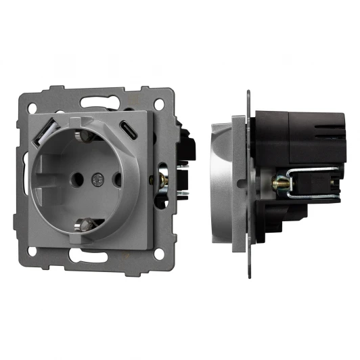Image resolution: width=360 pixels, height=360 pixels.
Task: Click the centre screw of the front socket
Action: (x=95, y=181)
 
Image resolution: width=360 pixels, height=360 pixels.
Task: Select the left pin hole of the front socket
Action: (x=74, y=181)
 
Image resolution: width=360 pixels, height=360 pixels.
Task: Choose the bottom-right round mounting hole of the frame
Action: (x=159, y=255)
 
